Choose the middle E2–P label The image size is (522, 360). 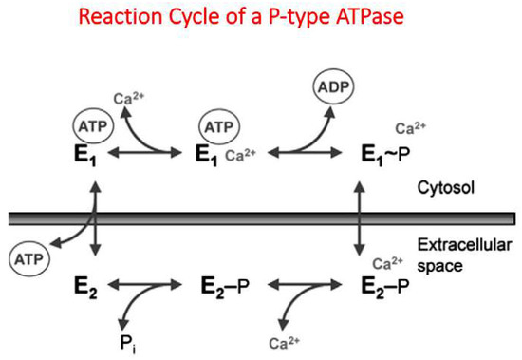(x=226, y=284)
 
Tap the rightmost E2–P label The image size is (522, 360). (x=384, y=284)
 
